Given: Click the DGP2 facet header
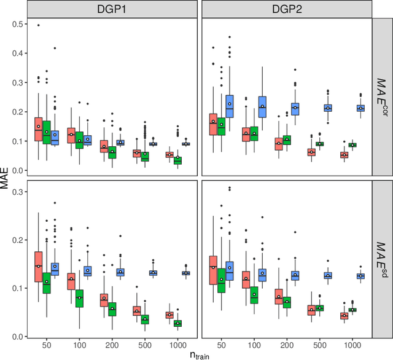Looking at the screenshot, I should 287,9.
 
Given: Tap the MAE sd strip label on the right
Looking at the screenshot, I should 383,259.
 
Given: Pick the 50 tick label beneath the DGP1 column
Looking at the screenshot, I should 47,345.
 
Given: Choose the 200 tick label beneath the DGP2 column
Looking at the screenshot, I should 287,345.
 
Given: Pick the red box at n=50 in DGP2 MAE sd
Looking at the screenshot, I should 213,270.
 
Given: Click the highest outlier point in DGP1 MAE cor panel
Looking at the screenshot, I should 38,25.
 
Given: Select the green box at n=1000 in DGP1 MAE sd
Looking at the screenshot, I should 177,323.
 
